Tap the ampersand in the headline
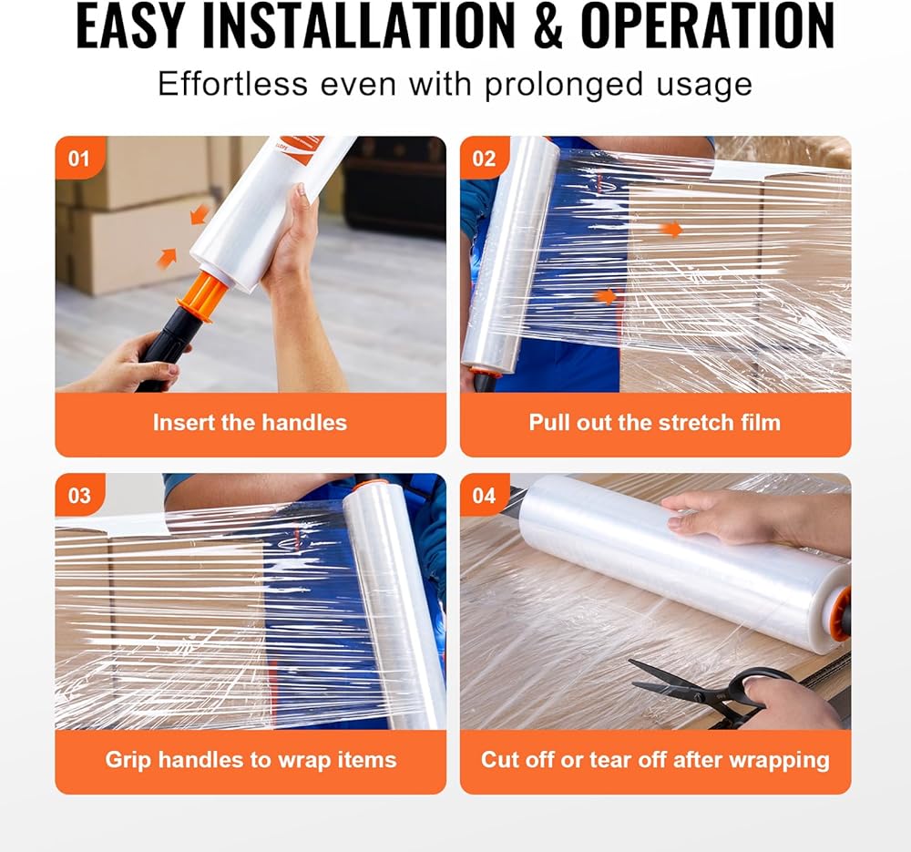[548, 26]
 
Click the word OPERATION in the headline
[708, 26]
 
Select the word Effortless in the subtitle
[232, 84]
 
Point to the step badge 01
[79, 158]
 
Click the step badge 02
[485, 158]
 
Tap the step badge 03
[79, 495]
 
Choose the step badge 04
[485, 495]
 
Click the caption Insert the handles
[250, 423]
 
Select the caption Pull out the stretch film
[655, 423]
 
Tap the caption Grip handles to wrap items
[251, 760]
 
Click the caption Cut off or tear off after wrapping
[655, 760]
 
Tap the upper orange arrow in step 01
[200, 214]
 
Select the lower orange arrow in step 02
[606, 296]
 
